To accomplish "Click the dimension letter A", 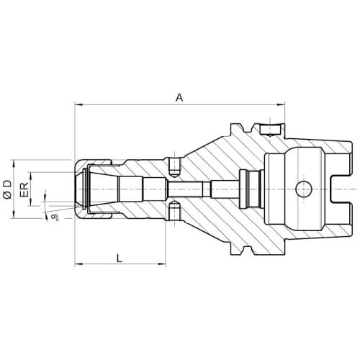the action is coord(179,98).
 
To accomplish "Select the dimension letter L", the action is coord(120,258).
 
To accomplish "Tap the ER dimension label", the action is coord(24,189).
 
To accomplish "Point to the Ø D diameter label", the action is coord(7,190).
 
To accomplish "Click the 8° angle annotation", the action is coord(55,217).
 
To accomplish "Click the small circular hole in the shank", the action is coord(304,189).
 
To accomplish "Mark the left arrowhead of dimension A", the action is coord(79,104).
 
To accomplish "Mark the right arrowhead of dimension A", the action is coord(280,104).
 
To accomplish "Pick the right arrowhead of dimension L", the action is coord(161,264).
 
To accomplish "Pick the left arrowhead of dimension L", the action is coord(79,264).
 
